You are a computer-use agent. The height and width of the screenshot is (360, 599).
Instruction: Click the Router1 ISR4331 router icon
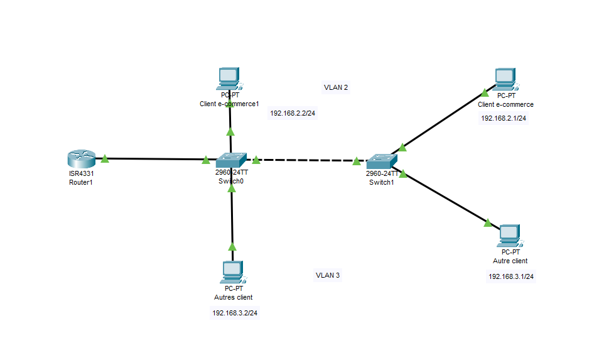click(82, 159)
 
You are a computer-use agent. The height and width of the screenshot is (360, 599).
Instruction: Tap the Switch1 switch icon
click(382, 161)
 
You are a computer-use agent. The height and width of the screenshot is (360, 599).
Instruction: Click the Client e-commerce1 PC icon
click(229, 79)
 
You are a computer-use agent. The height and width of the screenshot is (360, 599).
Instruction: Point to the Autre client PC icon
click(510, 236)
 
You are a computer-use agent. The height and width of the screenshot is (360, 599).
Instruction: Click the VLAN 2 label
click(336, 87)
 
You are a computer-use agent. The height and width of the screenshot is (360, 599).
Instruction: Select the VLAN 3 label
click(328, 275)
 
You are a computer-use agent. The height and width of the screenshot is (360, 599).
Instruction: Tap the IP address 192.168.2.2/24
click(292, 114)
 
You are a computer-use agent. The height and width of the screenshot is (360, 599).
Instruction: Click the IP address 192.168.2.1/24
click(504, 118)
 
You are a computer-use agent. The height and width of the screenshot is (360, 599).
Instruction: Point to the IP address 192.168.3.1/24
click(511, 276)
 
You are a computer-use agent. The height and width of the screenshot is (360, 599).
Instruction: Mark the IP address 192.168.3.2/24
click(235, 313)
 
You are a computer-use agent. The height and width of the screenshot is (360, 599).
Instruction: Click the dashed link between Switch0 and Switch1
click(306, 160)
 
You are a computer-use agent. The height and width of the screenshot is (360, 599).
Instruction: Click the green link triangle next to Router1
click(105, 158)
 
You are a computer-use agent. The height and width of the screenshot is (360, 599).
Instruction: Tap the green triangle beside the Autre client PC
click(487, 222)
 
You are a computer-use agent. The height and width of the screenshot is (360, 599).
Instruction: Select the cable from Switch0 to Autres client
click(232, 217)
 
